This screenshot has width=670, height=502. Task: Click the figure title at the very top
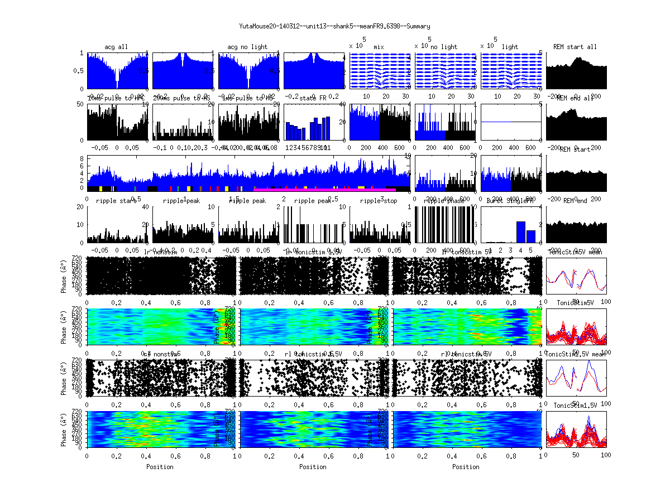334,26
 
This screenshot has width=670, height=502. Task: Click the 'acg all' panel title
116,47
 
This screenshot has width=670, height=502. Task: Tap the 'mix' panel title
380,47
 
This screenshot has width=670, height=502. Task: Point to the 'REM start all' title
575,47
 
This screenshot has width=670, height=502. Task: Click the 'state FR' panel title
314,98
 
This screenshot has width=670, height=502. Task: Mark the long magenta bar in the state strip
324,189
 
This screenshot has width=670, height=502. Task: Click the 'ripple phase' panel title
444,201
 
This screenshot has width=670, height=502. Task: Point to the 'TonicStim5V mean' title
575,252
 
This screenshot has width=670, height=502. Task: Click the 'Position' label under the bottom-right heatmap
466,467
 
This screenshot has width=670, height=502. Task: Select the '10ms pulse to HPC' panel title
116,98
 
